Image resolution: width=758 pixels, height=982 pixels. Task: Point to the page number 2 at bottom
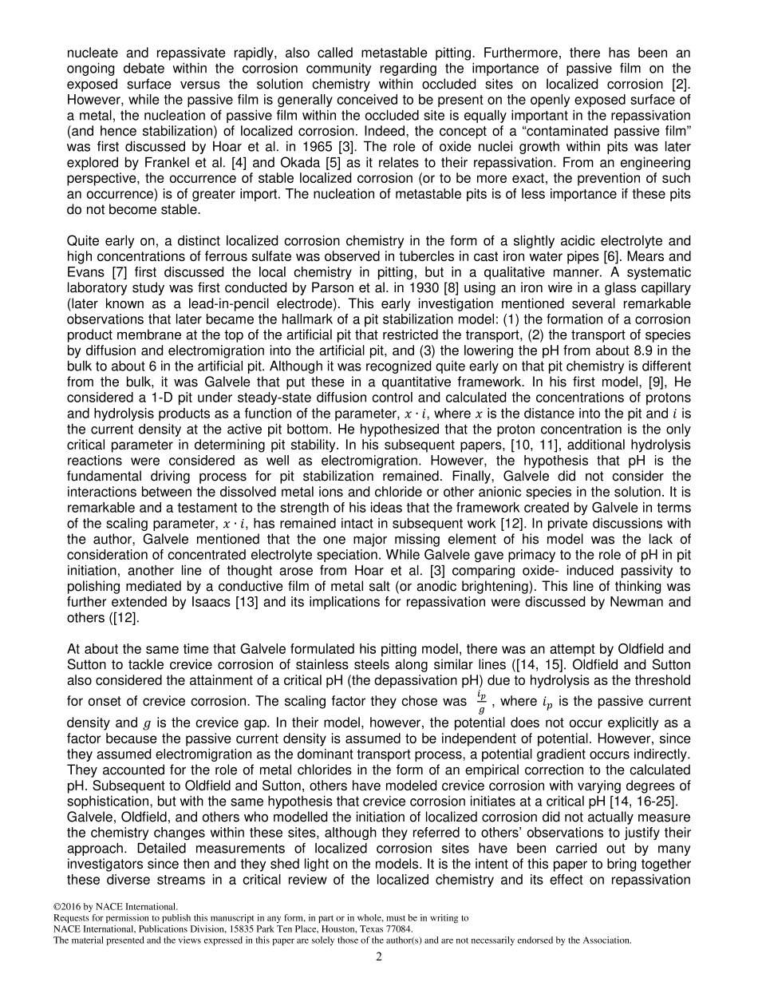[x=379, y=956]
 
